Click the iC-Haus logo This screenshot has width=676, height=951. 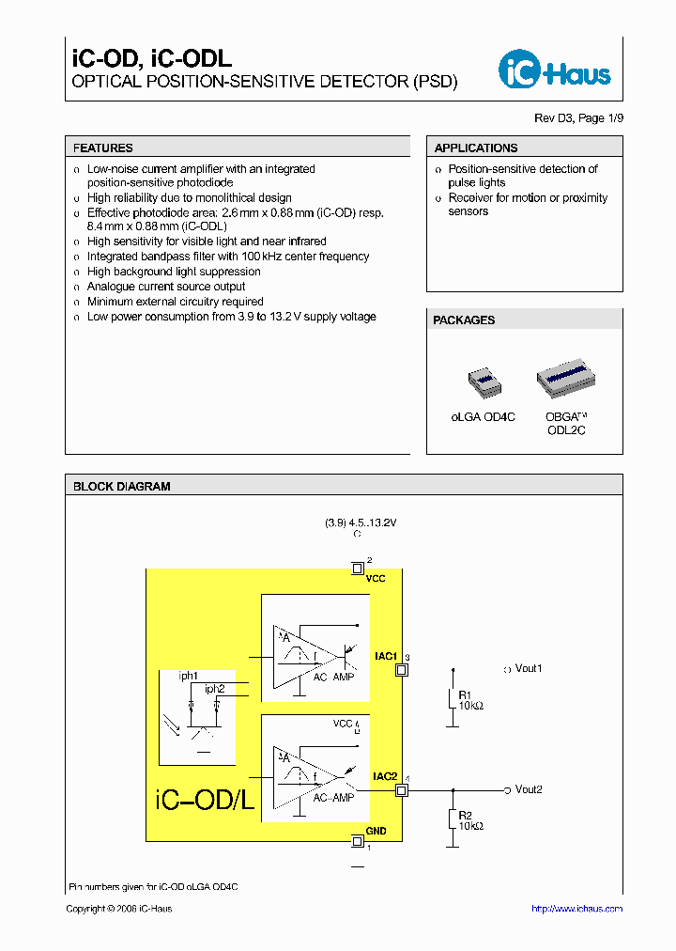coord(554,70)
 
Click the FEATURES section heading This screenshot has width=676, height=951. coord(103,148)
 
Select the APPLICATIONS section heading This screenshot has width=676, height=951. coord(476,148)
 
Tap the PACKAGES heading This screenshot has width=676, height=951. coord(464,320)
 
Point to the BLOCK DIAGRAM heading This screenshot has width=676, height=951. coord(122,487)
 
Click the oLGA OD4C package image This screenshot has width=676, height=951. coord(484,380)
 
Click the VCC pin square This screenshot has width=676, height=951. coord(357,568)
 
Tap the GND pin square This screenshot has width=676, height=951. coord(357,840)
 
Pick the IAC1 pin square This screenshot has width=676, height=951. coord(402,670)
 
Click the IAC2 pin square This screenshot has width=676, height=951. coord(402,790)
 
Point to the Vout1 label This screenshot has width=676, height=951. coord(529,669)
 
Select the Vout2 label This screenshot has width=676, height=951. coord(529,789)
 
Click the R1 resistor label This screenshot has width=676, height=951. coord(465,694)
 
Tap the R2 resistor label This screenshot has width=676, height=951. coord(465,815)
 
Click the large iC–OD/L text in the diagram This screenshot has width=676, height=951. coord(204,802)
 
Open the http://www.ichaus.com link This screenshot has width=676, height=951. coord(576,909)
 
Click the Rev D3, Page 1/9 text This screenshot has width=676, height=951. coord(578,118)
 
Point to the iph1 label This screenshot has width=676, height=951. coord(189,675)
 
